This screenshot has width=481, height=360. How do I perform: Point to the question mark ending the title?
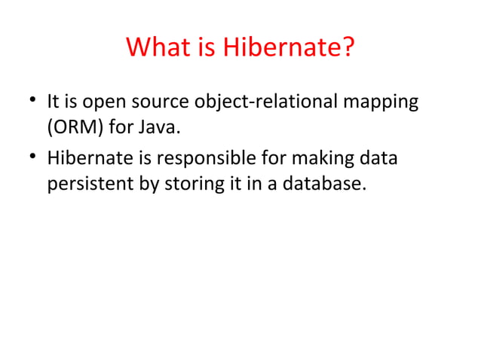pyautogui.click(x=347, y=49)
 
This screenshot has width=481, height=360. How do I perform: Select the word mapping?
pyautogui.click(x=379, y=102)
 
